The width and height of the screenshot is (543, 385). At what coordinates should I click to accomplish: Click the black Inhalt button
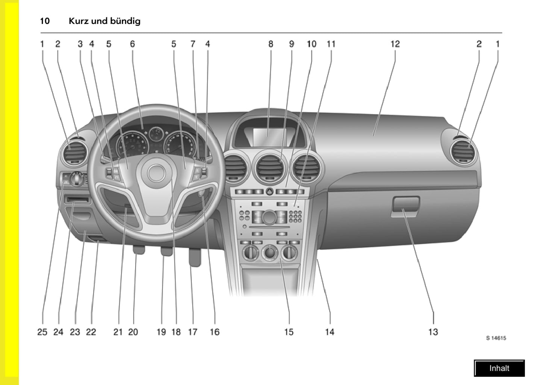[499, 368]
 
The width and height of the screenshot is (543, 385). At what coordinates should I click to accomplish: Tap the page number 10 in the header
[45, 21]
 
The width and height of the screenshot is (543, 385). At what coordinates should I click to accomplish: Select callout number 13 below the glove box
[433, 332]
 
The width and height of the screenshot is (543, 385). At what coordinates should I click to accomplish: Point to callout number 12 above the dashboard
[395, 44]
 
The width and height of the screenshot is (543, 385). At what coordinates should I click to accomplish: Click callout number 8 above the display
[271, 44]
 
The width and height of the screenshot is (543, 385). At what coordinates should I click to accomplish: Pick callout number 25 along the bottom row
[42, 332]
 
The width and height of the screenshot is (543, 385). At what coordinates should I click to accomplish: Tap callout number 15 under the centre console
[289, 332]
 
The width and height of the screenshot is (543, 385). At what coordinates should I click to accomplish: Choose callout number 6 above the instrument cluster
[132, 44]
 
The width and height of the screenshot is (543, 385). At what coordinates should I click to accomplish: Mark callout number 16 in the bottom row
[215, 332]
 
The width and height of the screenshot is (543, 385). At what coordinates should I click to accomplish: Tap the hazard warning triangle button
[269, 192]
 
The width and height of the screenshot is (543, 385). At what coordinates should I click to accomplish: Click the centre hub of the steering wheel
[156, 173]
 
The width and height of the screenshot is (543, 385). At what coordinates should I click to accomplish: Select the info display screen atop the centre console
[270, 137]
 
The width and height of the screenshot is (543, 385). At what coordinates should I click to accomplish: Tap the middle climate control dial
[269, 253]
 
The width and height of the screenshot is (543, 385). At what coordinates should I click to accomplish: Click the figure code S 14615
[496, 338]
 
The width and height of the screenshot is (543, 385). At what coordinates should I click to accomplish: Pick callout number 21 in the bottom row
[118, 332]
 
